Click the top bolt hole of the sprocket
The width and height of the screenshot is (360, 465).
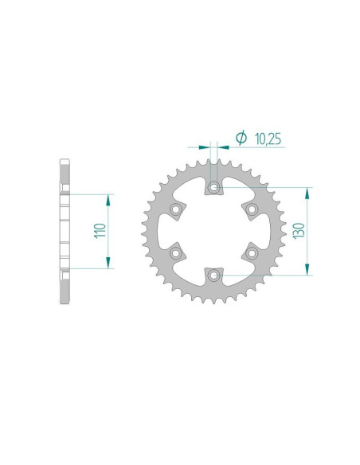(x=213, y=188)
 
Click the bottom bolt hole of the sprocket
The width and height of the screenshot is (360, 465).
(x=213, y=275)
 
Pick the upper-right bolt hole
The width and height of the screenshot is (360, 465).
(x=251, y=209)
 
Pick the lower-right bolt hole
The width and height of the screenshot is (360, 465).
(x=251, y=253)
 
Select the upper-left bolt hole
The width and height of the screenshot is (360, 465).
(x=175, y=209)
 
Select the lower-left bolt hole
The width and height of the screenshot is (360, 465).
(x=175, y=253)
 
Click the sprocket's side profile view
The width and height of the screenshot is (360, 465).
(x=65, y=231)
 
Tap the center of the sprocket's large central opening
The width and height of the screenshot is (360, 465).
(x=213, y=231)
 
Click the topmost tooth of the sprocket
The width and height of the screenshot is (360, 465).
(x=213, y=162)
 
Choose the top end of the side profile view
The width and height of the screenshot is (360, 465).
(x=65, y=162)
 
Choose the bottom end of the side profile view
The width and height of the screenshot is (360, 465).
(x=65, y=301)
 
